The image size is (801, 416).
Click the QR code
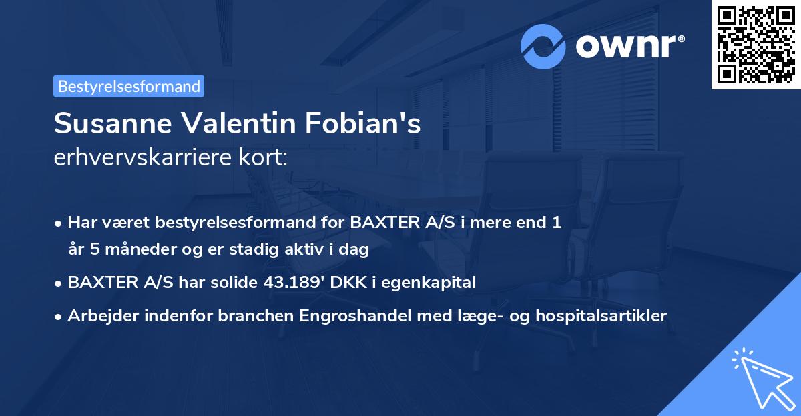coord(756,44)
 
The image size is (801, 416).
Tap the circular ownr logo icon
coord(543,46)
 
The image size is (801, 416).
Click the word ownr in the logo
coord(627,46)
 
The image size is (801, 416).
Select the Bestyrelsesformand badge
coord(129,86)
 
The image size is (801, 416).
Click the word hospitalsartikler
coord(601,316)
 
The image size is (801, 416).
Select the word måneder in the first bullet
coord(133,250)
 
